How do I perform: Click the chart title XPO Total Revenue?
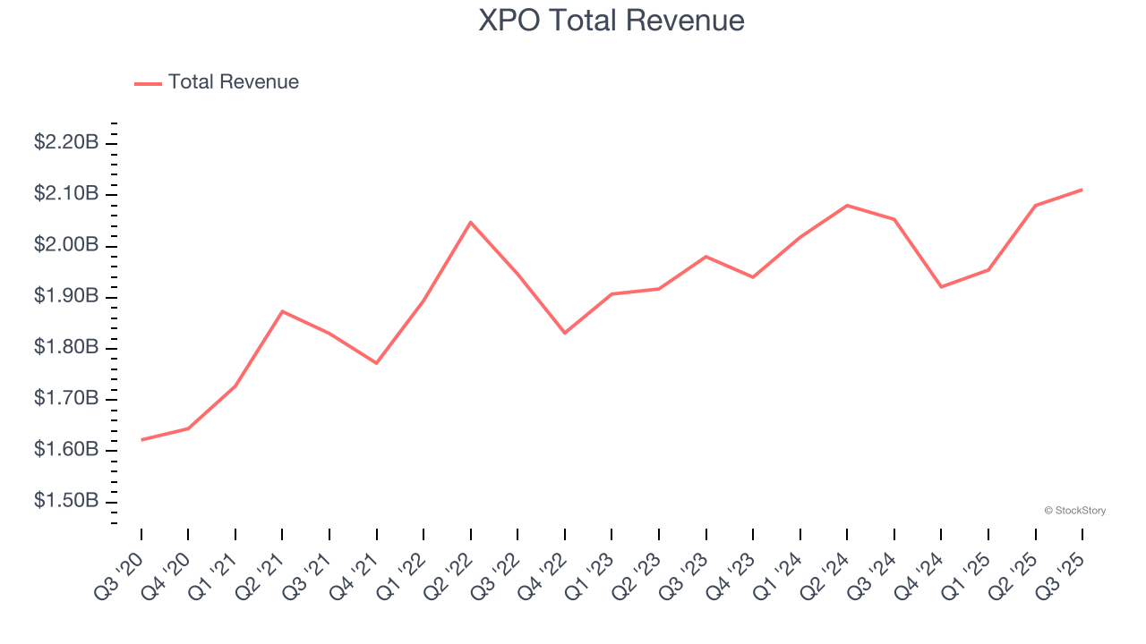[x=611, y=21]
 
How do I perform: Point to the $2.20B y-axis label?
[x=66, y=142]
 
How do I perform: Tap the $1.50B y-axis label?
[x=66, y=500]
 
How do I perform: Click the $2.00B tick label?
[x=66, y=245]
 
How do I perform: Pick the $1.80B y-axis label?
[x=66, y=347]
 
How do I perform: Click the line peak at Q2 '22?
[x=471, y=222]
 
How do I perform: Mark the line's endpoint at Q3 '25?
[x=1082, y=190]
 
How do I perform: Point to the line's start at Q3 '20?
[x=141, y=440]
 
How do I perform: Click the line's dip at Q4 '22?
[x=565, y=333]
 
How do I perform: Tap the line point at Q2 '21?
[x=282, y=311]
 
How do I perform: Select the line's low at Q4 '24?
[x=941, y=287]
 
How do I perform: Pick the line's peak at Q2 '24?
[x=847, y=206]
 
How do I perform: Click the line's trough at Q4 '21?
[x=377, y=363]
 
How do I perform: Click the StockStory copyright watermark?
[x=1074, y=511]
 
